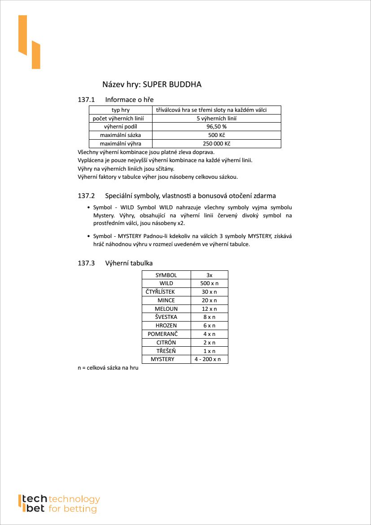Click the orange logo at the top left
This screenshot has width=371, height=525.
(29, 42)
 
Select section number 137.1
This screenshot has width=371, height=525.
(86, 99)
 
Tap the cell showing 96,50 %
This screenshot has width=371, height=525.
(216, 127)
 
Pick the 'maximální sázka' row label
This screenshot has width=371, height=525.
(120, 135)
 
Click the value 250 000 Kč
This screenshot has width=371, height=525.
(216, 144)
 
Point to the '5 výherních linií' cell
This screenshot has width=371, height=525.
(216, 119)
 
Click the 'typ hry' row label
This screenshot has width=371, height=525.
(120, 110)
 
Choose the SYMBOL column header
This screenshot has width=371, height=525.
(166, 275)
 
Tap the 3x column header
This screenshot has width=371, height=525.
(210, 275)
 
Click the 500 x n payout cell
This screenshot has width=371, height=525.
(209, 283)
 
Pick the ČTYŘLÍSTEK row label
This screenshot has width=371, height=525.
(160, 292)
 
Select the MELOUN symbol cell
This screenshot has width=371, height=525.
(166, 309)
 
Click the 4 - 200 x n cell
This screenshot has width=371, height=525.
(207, 359)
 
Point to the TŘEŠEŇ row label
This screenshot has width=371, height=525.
(166, 351)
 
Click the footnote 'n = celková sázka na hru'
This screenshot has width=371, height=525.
(108, 368)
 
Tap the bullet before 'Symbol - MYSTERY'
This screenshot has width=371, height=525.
(88, 236)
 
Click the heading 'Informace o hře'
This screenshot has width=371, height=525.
(130, 99)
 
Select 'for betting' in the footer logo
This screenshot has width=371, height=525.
(73, 509)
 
